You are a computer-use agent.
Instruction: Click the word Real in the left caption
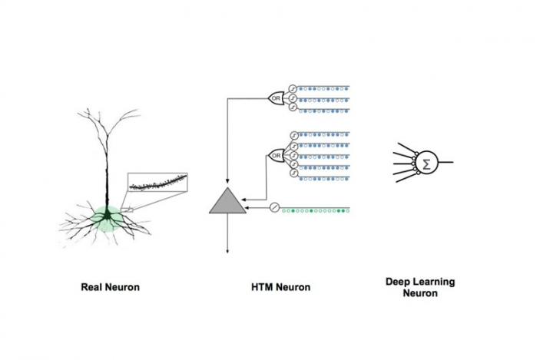pyautogui.click(x=94, y=288)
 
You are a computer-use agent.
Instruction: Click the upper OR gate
pyautogui.click(x=276, y=98)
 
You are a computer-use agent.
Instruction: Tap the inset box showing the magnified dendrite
pyautogui.click(x=157, y=183)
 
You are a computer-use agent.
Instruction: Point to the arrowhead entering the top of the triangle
pyautogui.click(x=227, y=183)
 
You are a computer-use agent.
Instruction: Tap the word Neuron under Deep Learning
pyautogui.click(x=419, y=293)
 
